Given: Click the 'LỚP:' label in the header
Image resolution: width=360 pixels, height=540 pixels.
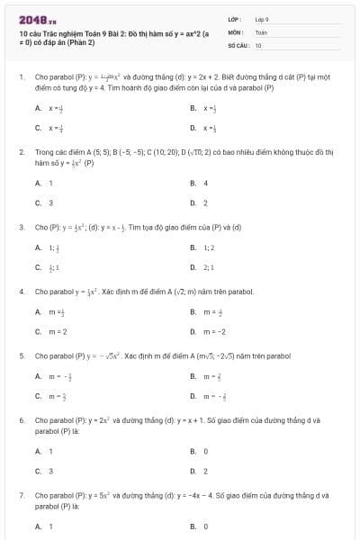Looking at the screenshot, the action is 233,19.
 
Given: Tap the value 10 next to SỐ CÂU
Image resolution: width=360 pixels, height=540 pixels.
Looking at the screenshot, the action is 258,44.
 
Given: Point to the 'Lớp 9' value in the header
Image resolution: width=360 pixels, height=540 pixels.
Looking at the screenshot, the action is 262,19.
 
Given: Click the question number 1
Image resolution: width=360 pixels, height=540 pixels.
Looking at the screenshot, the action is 21,77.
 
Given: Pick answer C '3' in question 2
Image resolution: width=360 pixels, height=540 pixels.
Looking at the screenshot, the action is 50,202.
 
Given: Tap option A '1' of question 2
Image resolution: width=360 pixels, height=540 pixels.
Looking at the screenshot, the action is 50,184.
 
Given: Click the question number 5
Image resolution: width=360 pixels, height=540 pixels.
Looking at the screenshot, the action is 21,355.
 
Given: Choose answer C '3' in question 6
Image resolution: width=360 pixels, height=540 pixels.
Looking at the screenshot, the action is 50,470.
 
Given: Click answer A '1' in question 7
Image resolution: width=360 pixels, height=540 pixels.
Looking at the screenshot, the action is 50,526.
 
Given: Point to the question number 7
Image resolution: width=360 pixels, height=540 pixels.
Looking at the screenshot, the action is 21,495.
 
